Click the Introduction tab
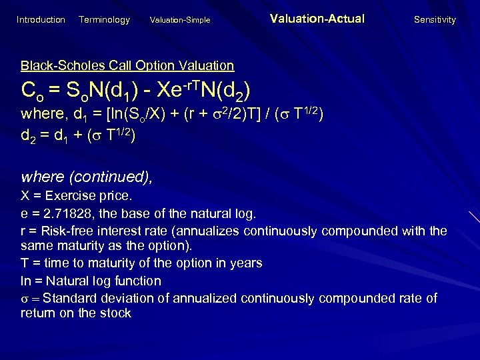tap(41, 20)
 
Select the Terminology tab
tap(104, 20)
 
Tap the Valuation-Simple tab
tap(180, 20)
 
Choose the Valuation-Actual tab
tap(317, 19)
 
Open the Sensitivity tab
tap(435, 20)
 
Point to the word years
tap(246, 264)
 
